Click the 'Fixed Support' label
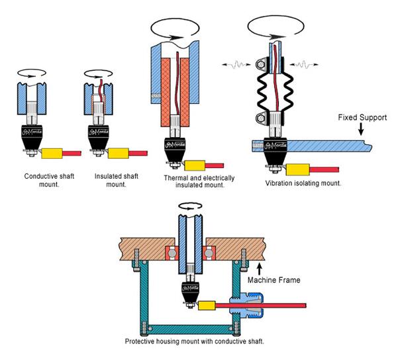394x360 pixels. (x=362, y=118)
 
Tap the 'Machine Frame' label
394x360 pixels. (x=274, y=280)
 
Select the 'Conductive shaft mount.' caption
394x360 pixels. (x=49, y=180)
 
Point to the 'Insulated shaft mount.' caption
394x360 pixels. (x=117, y=180)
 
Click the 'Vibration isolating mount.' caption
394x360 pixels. (x=303, y=183)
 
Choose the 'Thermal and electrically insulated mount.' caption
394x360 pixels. (x=199, y=181)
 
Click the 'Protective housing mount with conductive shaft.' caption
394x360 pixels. (x=195, y=341)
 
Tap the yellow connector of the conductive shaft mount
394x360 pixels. (x=52, y=154)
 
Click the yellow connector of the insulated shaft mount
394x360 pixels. (x=119, y=154)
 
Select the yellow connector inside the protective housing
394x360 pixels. (x=207, y=306)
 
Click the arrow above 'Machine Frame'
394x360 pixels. (x=260, y=269)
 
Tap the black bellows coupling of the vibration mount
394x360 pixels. (x=275, y=93)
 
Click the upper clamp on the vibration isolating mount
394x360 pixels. (x=262, y=65)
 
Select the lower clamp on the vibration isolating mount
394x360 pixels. (x=262, y=118)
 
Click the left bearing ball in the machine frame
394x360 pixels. (x=172, y=253)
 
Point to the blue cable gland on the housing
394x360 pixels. (x=246, y=306)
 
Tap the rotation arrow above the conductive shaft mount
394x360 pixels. (x=32, y=73)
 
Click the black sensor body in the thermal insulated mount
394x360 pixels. (x=175, y=149)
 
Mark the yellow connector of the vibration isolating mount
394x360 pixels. (x=298, y=169)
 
